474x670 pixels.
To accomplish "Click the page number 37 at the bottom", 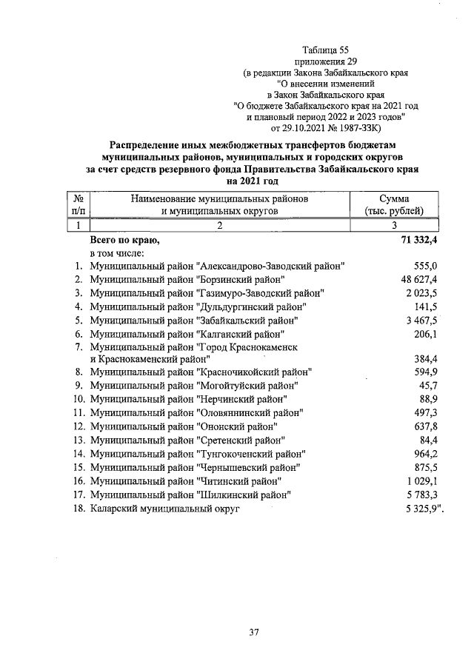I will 253,632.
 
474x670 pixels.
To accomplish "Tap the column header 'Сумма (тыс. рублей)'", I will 399,204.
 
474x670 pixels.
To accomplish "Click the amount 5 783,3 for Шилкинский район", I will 421,495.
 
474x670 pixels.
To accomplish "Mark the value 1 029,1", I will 421,482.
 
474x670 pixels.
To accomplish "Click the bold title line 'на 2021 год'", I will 253,181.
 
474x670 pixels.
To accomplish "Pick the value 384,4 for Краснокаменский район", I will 427,358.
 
